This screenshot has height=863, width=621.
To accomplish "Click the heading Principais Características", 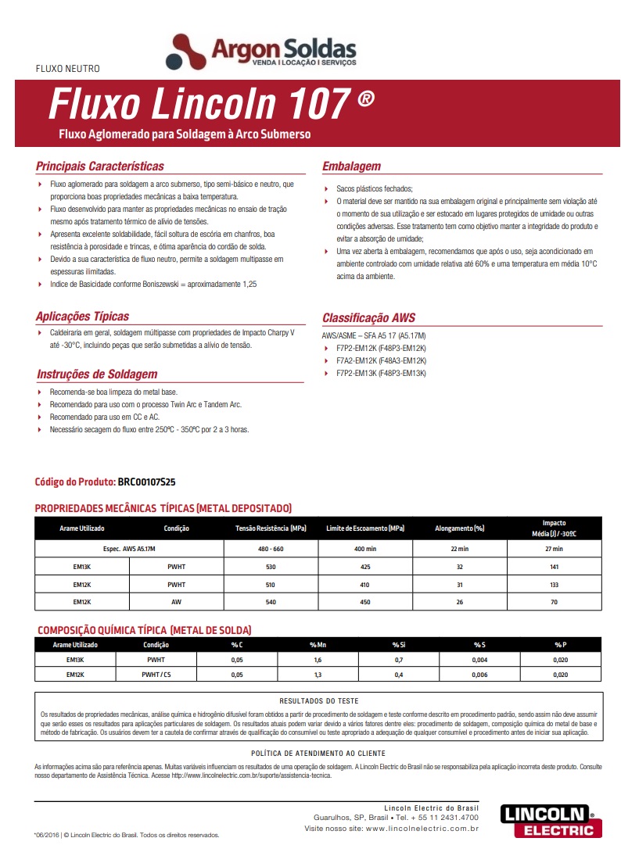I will coord(100,167).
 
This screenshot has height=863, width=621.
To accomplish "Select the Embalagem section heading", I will coord(351,167).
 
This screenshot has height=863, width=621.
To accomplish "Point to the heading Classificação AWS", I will coord(368,318).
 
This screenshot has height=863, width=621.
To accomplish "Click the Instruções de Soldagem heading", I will coord(97,374).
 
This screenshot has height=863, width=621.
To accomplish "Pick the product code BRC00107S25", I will coord(152,482).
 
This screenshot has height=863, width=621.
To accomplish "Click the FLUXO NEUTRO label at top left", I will coord(68,69).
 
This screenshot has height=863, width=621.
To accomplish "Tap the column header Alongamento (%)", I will coord(460,528).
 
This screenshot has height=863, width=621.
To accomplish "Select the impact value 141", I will coord(554,566).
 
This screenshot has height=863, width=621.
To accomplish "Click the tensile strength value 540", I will coord(271,602).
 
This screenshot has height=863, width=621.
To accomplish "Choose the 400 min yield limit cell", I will coord(365,549).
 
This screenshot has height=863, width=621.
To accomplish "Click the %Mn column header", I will coord(317,645).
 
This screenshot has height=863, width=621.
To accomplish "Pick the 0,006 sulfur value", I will coord(479,674).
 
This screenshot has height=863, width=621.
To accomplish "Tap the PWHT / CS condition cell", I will coord(156,674).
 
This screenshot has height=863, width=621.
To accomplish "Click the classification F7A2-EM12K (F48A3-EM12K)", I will coord(381,360).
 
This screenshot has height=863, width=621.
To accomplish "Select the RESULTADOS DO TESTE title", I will coord(318,701).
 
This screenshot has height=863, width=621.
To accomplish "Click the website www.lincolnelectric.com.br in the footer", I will coord(422,827).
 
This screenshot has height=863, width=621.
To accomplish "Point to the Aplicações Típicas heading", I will coord(82,317).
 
